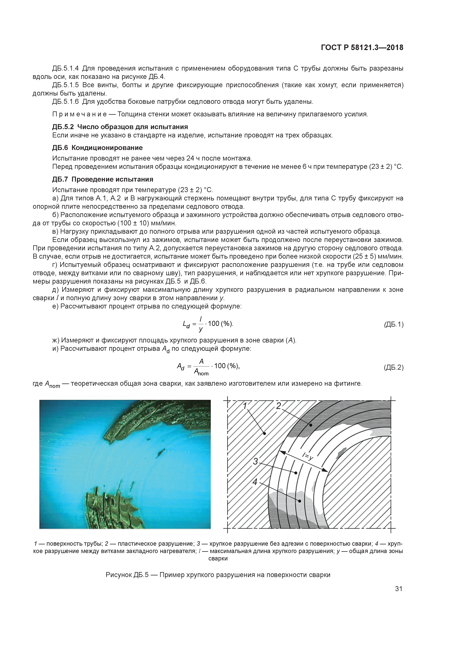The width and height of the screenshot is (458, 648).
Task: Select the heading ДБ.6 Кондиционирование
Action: (97, 148)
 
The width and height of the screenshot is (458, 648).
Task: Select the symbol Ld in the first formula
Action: (186, 325)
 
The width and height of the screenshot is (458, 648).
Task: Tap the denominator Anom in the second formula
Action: (201, 373)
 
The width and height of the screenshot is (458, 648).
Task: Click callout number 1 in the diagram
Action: (245, 406)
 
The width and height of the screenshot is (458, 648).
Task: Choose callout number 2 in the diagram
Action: (278, 406)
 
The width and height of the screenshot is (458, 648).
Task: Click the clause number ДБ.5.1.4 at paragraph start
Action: (66, 68)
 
